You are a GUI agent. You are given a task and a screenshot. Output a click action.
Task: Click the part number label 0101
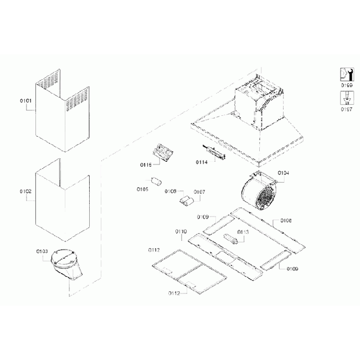pos(25,101)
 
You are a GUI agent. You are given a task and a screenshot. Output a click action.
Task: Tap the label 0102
pos(25,191)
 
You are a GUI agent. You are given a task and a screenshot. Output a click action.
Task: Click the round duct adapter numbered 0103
pos(66,265)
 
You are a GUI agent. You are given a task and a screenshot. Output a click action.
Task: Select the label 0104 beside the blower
pos(283,173)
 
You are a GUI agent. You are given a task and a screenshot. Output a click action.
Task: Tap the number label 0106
pos(170,192)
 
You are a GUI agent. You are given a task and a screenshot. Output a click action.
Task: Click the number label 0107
pos(199,192)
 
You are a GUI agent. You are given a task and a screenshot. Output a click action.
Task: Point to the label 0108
pos(286,220)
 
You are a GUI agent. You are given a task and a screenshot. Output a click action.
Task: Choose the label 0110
pos(181,231)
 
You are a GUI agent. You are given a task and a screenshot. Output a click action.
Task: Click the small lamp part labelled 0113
pos(233,240)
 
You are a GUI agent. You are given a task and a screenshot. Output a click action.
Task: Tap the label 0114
pos(202,162)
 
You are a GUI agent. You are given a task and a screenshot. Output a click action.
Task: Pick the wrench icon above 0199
pos(346,74)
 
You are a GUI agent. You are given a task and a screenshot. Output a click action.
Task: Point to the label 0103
pos(42,251)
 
